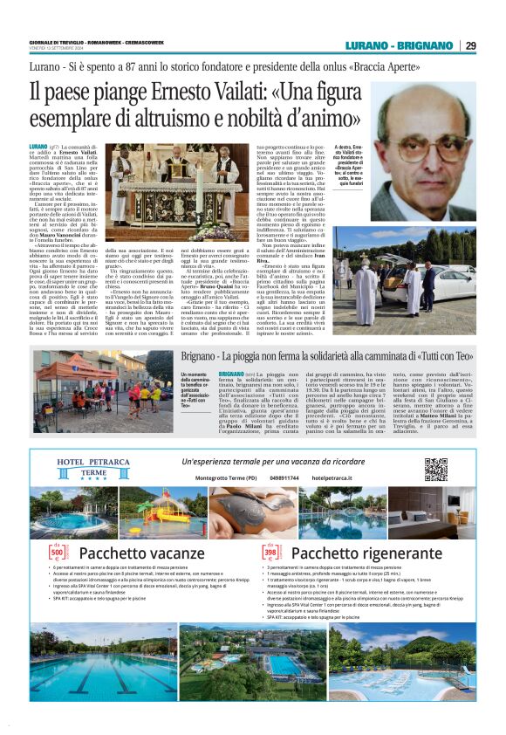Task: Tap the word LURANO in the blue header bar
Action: tap(367, 45)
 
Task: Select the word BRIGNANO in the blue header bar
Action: tap(425, 45)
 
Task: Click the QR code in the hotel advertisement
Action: tap(435, 469)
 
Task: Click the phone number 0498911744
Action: tap(285, 478)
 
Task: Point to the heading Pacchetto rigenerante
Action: tap(358, 553)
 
